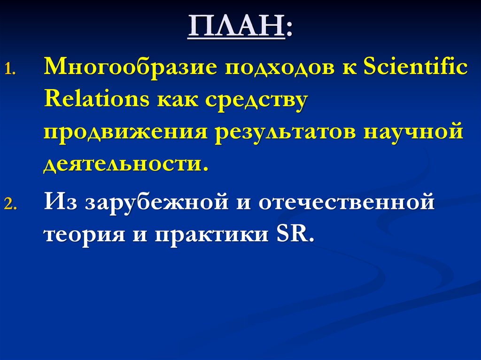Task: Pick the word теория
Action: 80,233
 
